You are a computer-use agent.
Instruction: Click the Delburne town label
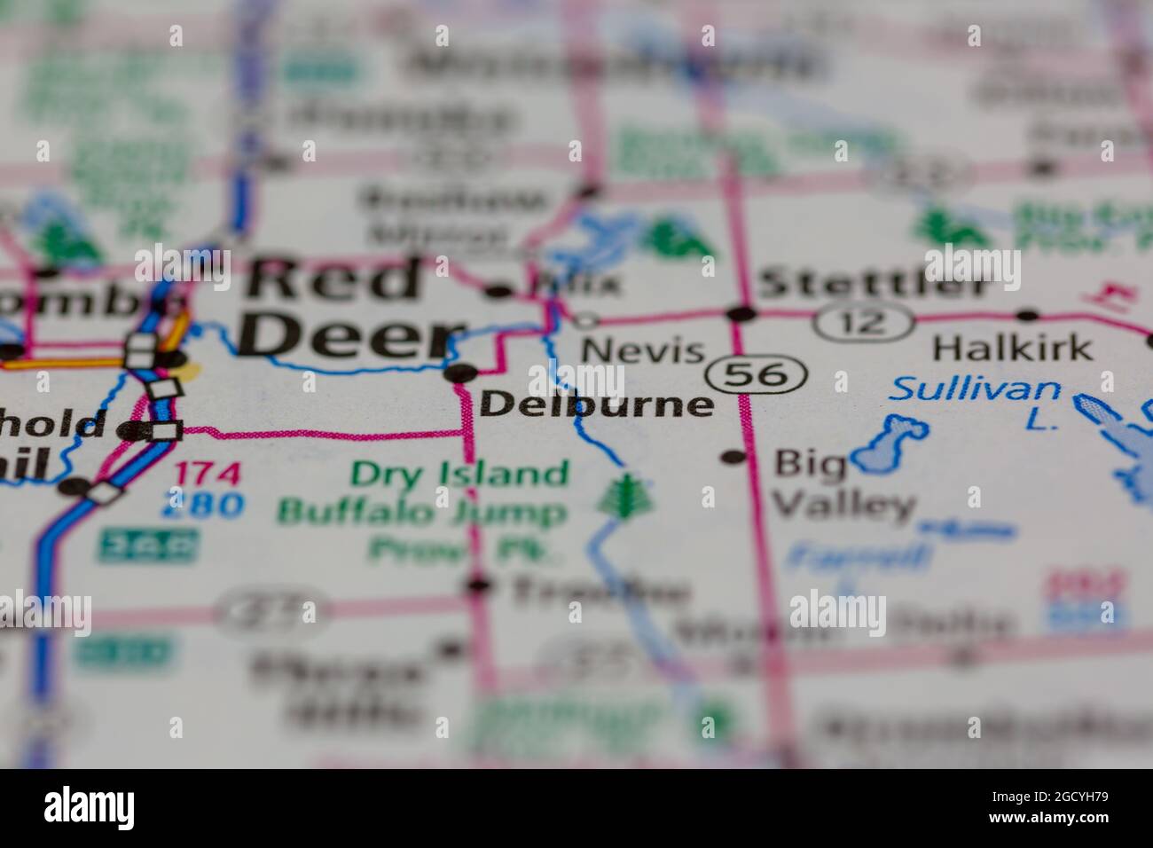596,404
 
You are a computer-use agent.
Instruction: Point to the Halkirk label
1012,348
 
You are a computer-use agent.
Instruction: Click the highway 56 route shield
763,374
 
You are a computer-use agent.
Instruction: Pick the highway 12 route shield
864,321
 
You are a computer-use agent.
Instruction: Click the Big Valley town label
843,483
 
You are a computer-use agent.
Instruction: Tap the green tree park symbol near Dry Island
626,496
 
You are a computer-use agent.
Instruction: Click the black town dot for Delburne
464,373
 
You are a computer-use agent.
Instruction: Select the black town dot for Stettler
741,313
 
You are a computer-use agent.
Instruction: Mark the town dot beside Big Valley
733,457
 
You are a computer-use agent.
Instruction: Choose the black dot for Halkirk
1027,314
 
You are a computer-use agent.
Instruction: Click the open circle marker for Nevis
585,319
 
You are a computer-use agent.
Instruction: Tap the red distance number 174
207,473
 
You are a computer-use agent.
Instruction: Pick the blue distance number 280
202,505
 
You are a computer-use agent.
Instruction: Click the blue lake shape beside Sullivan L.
888,444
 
